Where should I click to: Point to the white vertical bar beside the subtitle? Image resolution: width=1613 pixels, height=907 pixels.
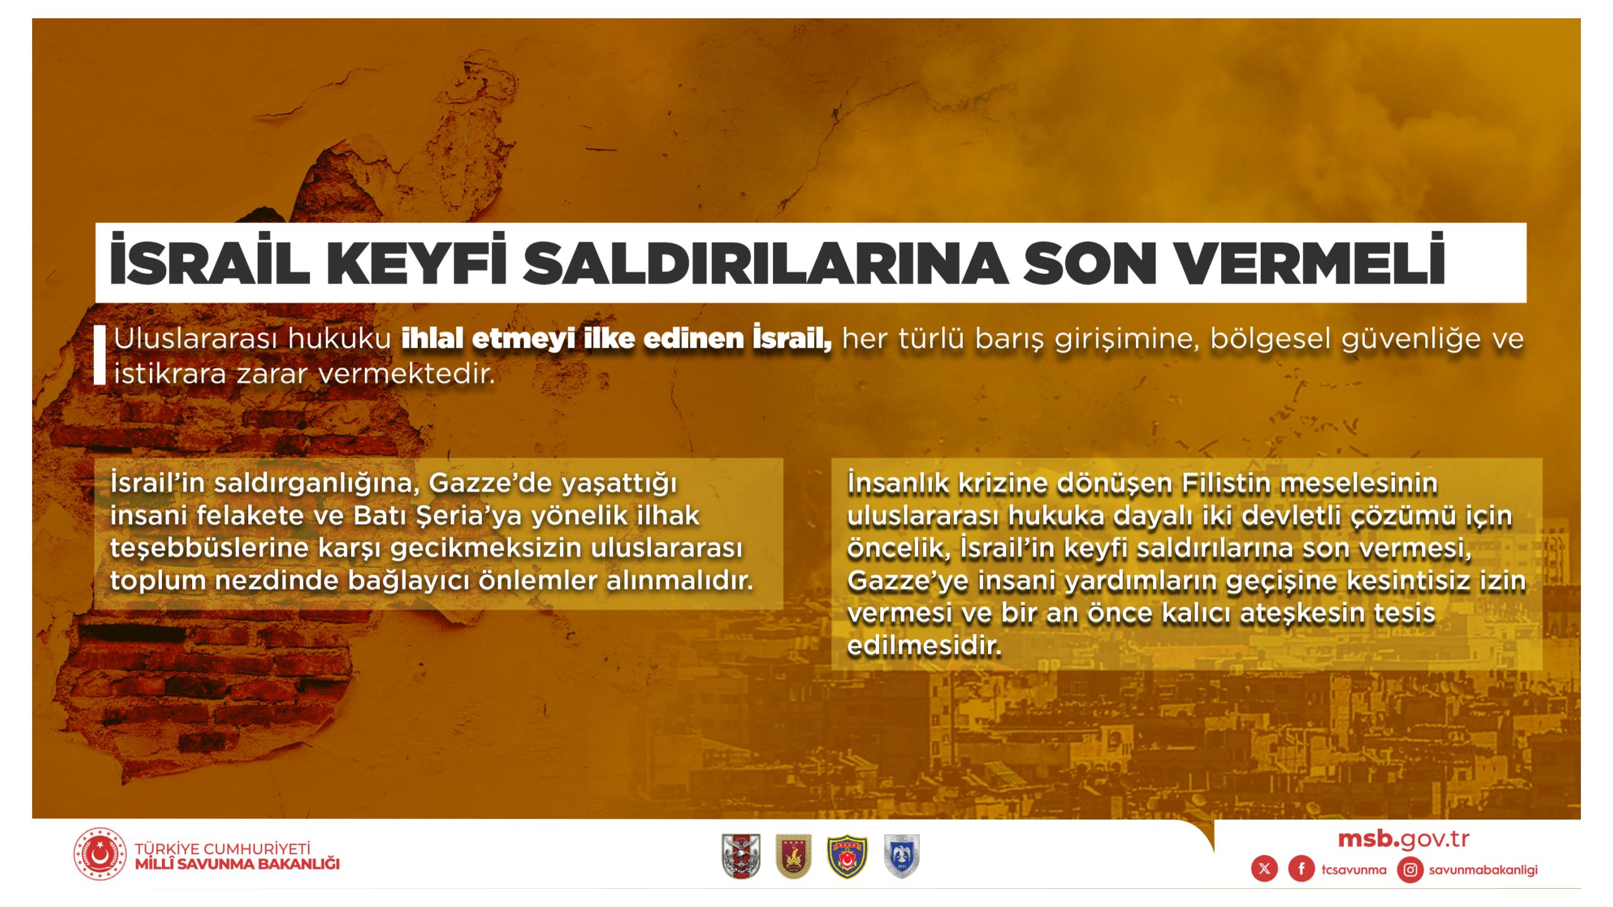point(100,354)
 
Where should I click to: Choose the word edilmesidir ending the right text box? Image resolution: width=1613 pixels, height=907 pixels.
point(924,645)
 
